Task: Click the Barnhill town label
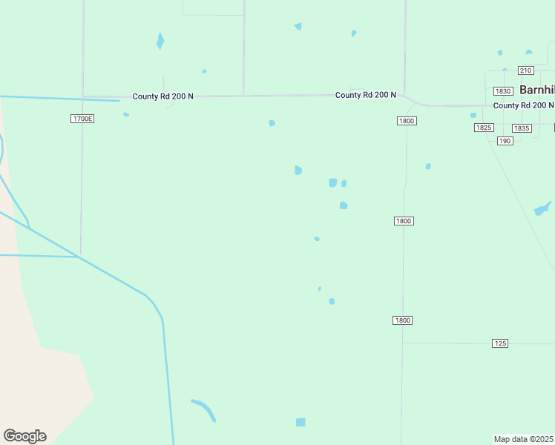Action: coord(536,89)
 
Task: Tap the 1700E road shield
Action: coord(83,119)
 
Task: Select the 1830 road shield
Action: coord(503,91)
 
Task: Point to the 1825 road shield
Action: coord(484,128)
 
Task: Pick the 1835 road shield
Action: coord(522,128)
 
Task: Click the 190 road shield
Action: coord(505,140)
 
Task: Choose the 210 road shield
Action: coord(525,70)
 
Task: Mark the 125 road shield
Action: coord(500,343)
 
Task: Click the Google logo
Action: coord(24,436)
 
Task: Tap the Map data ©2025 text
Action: coord(523,439)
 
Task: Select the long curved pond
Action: coord(204,409)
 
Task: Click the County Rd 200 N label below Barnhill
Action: coord(523,105)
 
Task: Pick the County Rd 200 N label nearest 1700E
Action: coord(162,96)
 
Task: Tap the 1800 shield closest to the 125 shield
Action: coord(402,320)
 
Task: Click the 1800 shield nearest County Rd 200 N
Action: coord(407,121)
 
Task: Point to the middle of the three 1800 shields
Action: coord(404,221)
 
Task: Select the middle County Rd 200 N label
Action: coord(365,95)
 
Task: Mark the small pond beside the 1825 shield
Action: coord(473,115)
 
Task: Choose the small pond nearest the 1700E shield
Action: coord(126,114)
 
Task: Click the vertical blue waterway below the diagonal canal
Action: coord(168,378)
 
